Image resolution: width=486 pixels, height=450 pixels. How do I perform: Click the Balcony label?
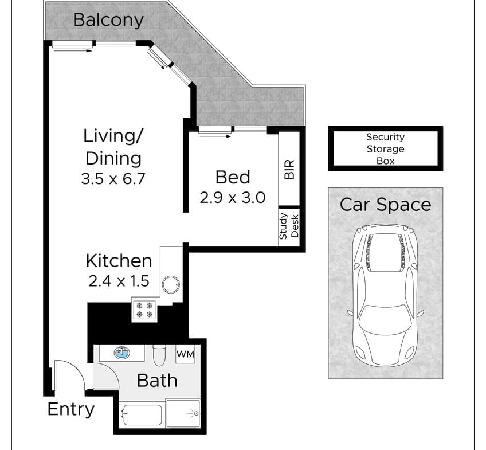click(x=108, y=21)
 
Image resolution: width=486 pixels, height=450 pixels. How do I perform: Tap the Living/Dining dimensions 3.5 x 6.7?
click(x=113, y=179)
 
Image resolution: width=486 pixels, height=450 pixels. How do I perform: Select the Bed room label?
click(x=233, y=177)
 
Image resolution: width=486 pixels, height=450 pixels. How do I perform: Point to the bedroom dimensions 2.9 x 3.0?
click(x=233, y=197)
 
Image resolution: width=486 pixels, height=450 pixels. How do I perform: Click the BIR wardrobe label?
click(x=289, y=170)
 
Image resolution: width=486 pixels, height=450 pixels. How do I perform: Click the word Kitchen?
click(x=119, y=261)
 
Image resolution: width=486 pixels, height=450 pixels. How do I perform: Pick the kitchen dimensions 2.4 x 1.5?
click(x=119, y=281)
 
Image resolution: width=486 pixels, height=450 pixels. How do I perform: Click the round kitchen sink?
click(x=171, y=284)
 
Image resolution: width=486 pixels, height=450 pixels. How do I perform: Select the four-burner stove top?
click(x=144, y=310)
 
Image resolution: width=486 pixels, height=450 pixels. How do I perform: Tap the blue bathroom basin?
click(x=122, y=353)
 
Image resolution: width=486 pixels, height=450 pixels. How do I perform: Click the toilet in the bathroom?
click(x=160, y=355)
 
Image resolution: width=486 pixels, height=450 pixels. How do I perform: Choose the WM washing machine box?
click(x=185, y=354)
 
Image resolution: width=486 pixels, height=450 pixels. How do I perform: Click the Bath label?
click(x=157, y=380)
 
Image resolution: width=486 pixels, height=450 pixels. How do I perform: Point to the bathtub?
click(x=142, y=414)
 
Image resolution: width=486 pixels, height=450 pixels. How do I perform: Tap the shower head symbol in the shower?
click(x=196, y=413)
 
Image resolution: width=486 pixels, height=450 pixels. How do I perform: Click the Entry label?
click(x=71, y=410)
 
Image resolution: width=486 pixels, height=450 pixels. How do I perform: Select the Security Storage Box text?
click(x=385, y=149)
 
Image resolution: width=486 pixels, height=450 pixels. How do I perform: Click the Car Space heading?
click(x=385, y=205)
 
